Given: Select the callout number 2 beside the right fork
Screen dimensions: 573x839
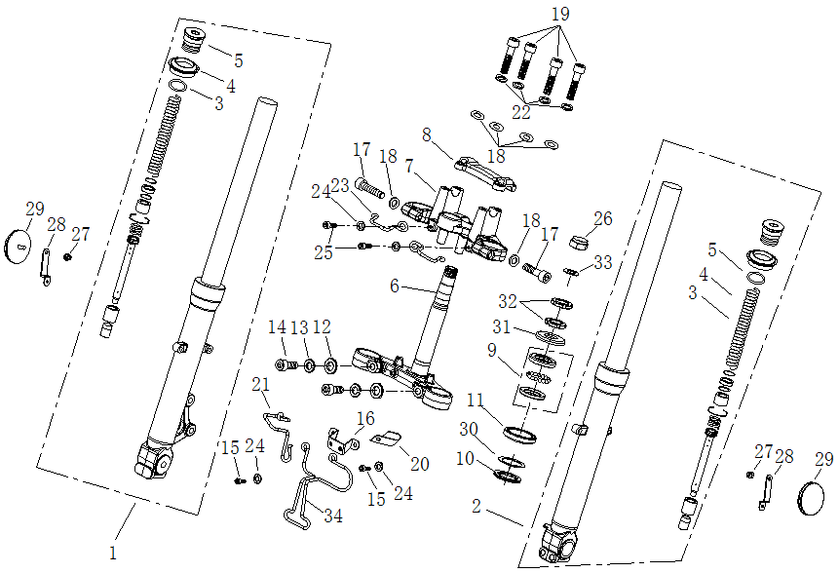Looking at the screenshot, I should [x=477, y=507].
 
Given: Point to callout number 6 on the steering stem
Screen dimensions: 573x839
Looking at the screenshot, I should [x=395, y=286].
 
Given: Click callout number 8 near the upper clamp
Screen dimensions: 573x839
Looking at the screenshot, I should [x=426, y=134].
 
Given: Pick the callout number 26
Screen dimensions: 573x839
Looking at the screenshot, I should [x=603, y=219].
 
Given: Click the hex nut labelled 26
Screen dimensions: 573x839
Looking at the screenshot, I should [x=576, y=238].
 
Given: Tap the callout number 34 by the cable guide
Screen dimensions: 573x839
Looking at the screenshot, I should [x=332, y=516].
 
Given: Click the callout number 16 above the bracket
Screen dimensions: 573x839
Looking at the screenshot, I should [x=364, y=418].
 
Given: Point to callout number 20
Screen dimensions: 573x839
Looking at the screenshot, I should [x=419, y=463].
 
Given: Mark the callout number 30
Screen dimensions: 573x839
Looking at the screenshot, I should [x=469, y=430].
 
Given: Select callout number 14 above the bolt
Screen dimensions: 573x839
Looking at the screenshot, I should [x=277, y=326].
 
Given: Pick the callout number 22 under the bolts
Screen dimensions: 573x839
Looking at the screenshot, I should [x=522, y=113].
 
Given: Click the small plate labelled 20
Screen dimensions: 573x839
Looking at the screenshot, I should [x=388, y=439].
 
